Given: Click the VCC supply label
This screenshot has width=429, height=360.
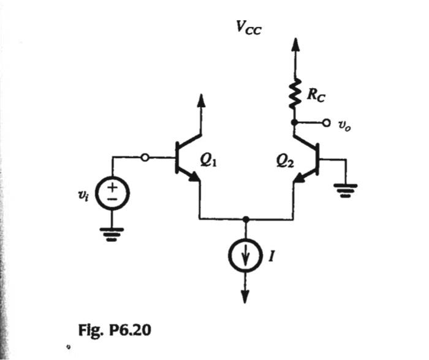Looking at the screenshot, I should [249, 27].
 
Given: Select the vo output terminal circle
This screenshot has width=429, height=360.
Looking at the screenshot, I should [325, 122].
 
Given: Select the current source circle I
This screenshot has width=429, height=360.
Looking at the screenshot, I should [246, 255].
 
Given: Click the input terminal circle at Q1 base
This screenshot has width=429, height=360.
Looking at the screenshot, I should [145, 158].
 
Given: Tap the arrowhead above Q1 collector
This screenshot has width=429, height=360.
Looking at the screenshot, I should [201, 99].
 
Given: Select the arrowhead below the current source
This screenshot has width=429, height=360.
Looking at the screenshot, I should [246, 296].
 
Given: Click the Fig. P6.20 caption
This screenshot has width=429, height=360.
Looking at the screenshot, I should [115, 331].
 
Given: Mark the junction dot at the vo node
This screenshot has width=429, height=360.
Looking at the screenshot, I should [295, 122].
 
